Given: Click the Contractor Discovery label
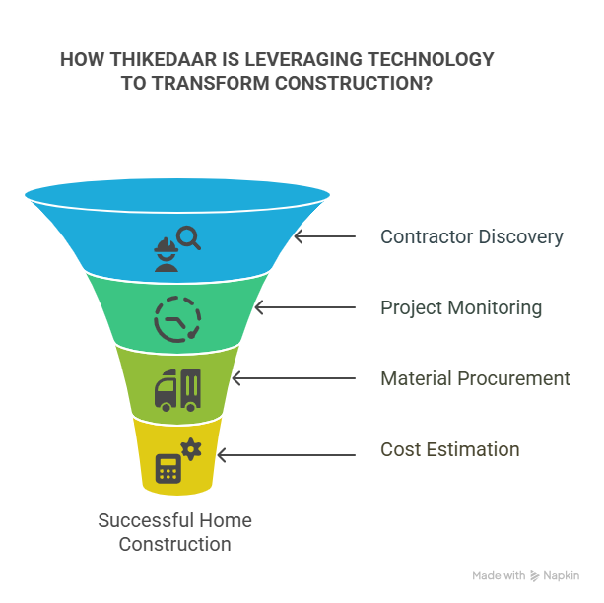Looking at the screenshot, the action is pos(472,236).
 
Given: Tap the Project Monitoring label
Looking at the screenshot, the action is pos(461,307).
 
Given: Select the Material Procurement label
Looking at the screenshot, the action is pos(475,378).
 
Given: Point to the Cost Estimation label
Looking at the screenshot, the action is pos(450,449).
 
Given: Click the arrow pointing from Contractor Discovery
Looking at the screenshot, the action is pos(325,236).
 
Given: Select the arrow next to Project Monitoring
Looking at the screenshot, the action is pos(305,307).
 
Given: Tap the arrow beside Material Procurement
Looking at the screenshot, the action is pos(294,378).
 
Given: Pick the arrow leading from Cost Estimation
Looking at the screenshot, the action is pos(286,455).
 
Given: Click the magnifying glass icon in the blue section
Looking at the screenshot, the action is pos(188,237).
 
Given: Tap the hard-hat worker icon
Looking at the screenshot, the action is pos(166,254).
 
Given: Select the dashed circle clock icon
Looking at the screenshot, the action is pos(177,319).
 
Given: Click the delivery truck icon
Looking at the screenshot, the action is pos(177,390).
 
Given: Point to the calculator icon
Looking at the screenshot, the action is pos(168,469).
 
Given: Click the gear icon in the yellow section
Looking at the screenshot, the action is pos(191,449).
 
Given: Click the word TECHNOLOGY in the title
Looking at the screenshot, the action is pos(431,60).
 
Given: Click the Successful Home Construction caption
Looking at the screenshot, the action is pos(174,532).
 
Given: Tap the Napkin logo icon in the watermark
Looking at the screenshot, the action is pos(534,576).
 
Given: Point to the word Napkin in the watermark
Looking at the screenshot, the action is pos(562,576).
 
